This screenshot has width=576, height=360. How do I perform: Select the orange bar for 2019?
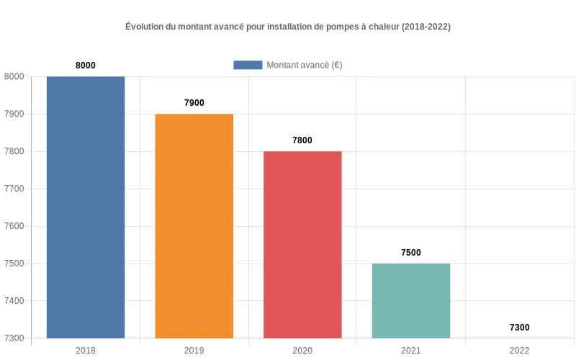point(194,226)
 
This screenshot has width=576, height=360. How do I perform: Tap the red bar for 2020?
point(302,245)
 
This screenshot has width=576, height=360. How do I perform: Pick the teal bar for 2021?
point(411,301)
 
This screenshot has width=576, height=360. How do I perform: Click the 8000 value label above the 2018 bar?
point(86,66)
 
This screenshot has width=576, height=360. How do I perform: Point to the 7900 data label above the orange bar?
point(194,103)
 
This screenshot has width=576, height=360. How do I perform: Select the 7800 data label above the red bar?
point(302,140)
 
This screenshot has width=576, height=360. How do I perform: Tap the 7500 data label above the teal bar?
point(411,253)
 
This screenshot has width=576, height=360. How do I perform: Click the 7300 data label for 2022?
point(519,328)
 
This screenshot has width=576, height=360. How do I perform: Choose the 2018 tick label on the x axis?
point(86,351)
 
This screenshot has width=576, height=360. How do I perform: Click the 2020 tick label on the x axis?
point(302,351)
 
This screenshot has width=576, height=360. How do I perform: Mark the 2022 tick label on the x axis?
point(519,351)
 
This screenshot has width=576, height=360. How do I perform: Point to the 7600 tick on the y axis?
point(14,226)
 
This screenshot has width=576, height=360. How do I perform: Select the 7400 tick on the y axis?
point(14,301)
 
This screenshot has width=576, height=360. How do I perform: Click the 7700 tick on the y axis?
point(14,189)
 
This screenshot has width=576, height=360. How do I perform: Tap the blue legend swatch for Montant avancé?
point(248,65)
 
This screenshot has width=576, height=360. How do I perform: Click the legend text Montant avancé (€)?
point(304,65)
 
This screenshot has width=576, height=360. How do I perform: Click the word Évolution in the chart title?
point(145,27)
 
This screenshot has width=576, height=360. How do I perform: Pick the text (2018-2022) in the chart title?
point(426,27)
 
